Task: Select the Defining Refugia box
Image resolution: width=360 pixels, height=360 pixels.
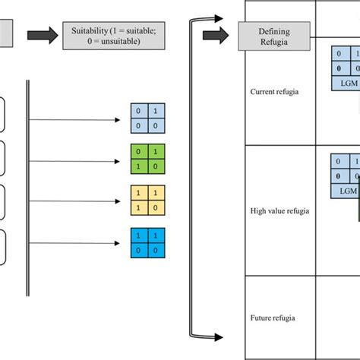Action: pos(273,35)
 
